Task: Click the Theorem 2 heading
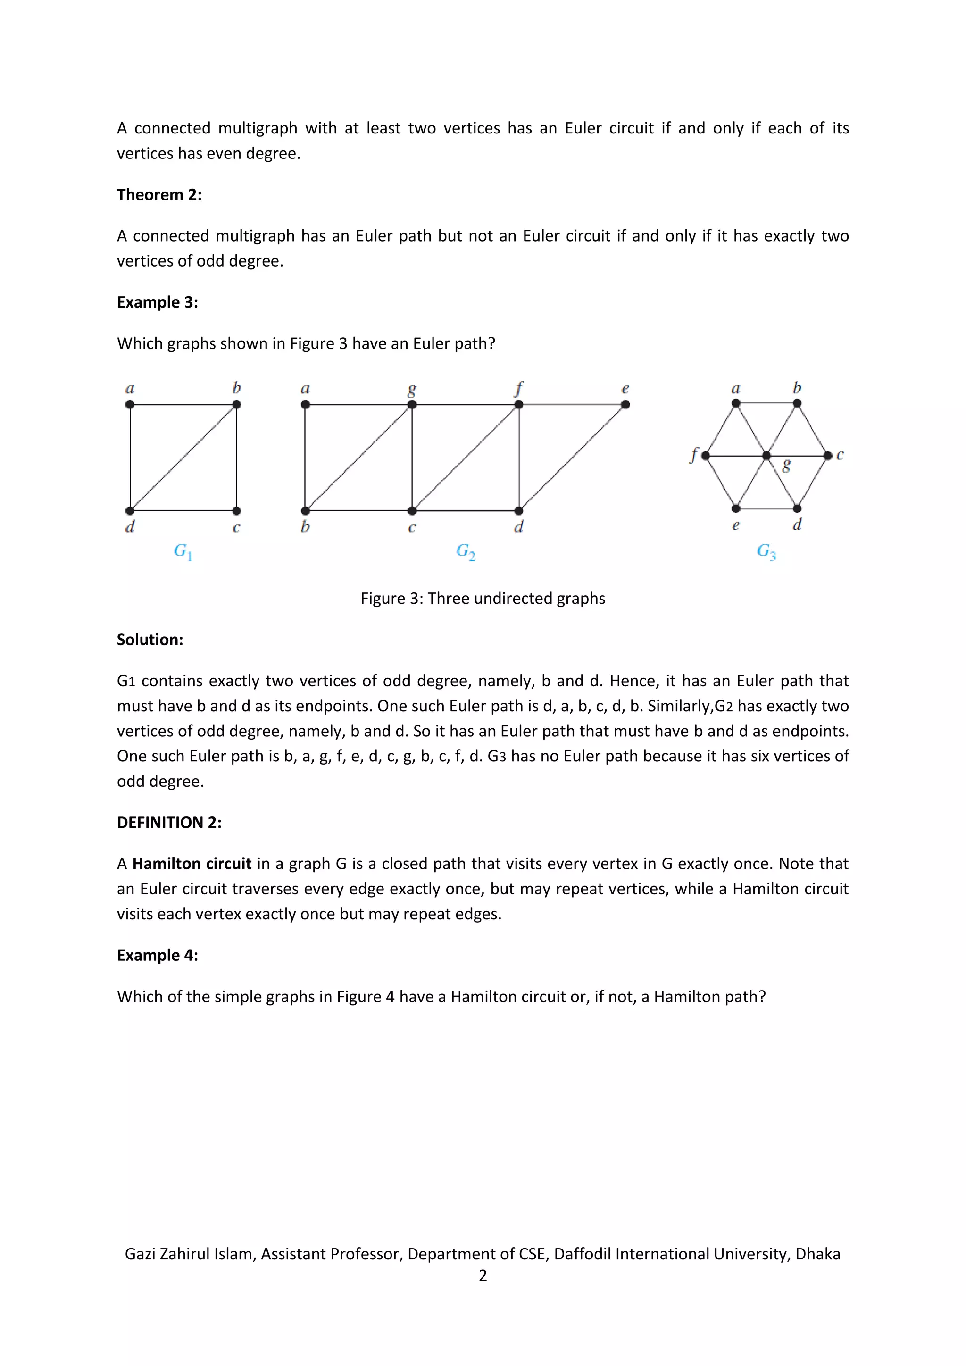tap(159, 194)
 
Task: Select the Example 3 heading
tap(157, 302)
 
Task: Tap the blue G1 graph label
tap(182, 551)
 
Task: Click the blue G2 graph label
tap(465, 551)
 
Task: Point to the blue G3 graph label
tap(766, 551)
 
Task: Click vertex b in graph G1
tap(237, 405)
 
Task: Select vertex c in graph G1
tap(237, 510)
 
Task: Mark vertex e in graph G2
tap(625, 405)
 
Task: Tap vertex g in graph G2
tap(412, 405)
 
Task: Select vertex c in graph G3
tap(827, 456)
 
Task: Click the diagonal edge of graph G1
tap(183, 458)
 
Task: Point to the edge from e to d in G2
tap(572, 458)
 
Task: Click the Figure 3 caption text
tap(483, 598)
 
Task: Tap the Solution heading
tap(150, 640)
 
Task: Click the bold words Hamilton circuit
tap(192, 864)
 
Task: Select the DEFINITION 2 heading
tap(169, 822)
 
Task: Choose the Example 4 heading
tap(157, 955)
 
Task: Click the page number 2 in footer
tap(483, 1275)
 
